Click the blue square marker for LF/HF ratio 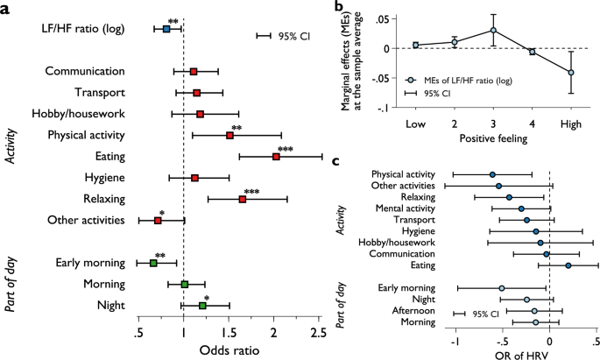click(166, 29)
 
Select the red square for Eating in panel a click(276, 156)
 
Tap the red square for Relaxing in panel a click(242, 199)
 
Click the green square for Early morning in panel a click(153, 263)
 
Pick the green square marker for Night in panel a click(202, 306)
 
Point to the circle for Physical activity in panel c click(492, 175)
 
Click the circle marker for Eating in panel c click(568, 265)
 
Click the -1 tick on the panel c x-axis click(454, 335)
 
